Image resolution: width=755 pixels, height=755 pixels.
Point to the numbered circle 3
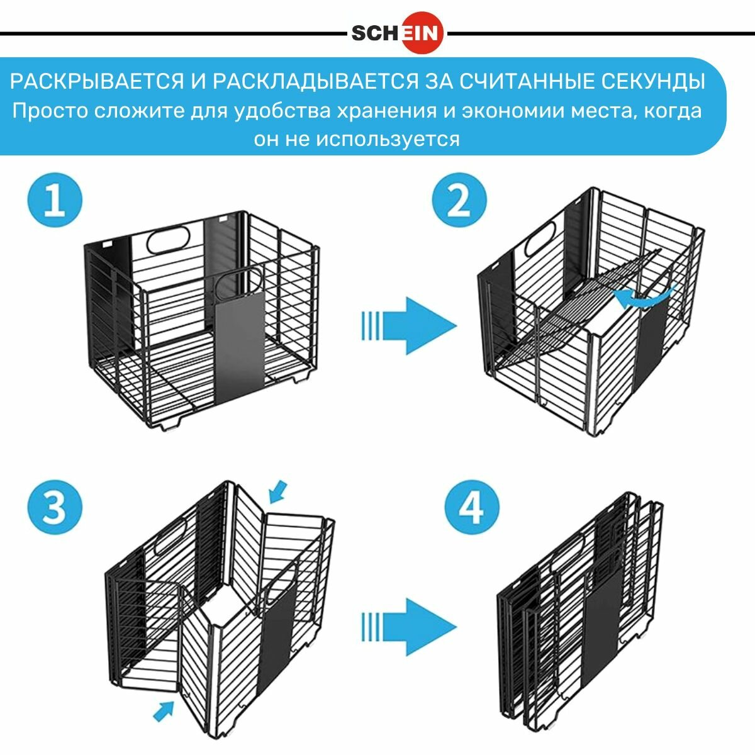55,506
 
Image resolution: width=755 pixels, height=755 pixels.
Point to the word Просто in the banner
50,111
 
